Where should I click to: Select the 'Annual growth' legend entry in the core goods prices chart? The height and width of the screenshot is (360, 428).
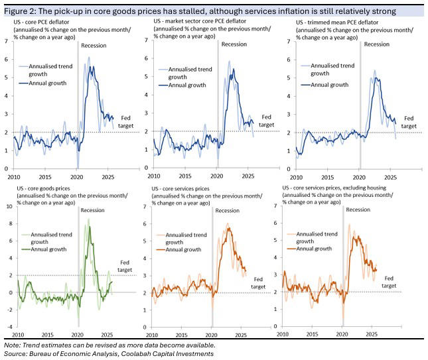coord(44,249)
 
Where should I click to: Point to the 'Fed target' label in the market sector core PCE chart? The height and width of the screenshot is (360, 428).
coord(265,120)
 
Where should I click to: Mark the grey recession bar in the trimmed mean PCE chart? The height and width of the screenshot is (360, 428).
coord(360,106)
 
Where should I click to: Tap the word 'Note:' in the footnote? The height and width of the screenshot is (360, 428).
coord(11,345)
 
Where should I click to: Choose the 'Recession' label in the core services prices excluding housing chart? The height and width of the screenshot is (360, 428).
coord(358,210)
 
